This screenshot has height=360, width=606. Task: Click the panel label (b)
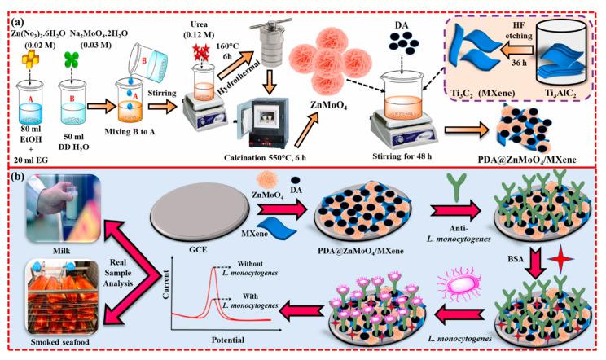pos(18,177)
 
